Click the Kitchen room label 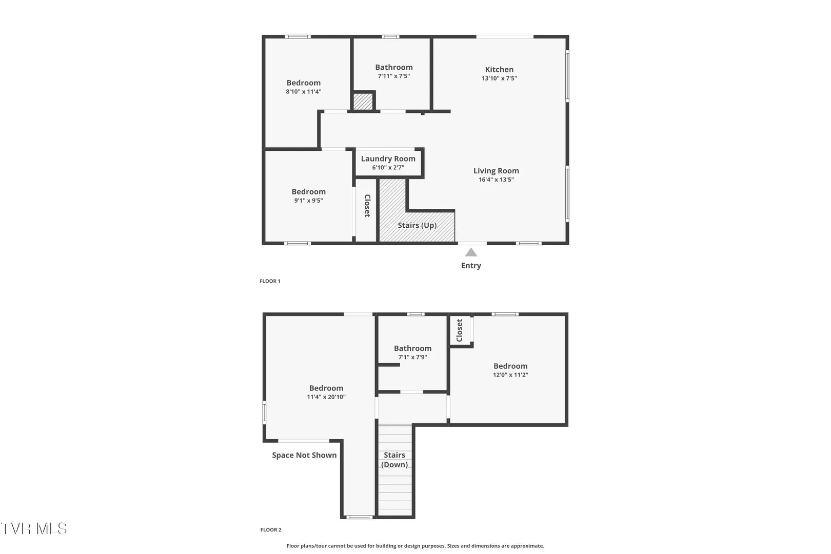(x=499, y=69)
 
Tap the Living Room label (x=496, y=171)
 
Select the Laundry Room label (x=388, y=159)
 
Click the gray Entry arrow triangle (x=471, y=252)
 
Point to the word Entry (x=471, y=265)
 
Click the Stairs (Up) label (x=417, y=225)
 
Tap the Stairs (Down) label (x=394, y=460)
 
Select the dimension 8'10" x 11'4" (x=304, y=92)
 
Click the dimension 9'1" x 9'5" (x=309, y=201)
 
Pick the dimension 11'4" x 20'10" (x=326, y=397)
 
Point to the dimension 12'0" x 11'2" (x=510, y=375)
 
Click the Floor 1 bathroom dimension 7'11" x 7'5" (x=393, y=76)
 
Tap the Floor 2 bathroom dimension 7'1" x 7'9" (x=412, y=357)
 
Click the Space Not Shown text (x=304, y=455)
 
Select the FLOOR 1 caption (x=270, y=281)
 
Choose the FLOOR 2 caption (x=271, y=529)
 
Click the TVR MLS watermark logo (x=34, y=528)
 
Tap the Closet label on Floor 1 (x=367, y=206)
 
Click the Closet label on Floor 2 (x=459, y=330)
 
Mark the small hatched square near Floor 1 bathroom (x=363, y=102)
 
